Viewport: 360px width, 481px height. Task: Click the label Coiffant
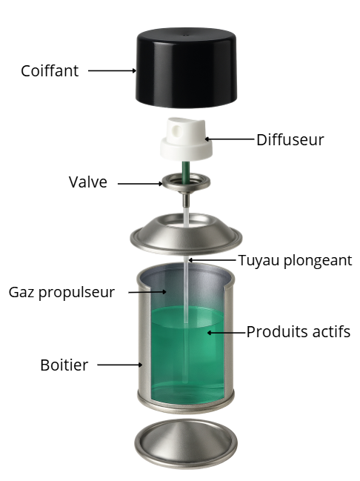pyautogui.click(x=50, y=71)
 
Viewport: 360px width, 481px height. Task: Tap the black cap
pyautogui.click(x=186, y=67)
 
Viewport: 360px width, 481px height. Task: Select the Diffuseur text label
pyautogui.click(x=290, y=140)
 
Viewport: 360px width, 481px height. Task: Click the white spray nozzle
pyautogui.click(x=186, y=139)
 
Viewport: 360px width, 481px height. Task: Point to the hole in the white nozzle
pyautogui.click(x=177, y=130)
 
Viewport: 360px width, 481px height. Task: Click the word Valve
pyautogui.click(x=88, y=182)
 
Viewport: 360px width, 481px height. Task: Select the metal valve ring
pyautogui.click(x=186, y=182)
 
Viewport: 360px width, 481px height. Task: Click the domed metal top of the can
pyautogui.click(x=186, y=235)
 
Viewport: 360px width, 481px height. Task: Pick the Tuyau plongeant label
pyautogui.click(x=295, y=261)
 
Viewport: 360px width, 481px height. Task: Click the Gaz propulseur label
pyautogui.click(x=61, y=292)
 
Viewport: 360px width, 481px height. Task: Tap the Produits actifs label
pyautogui.click(x=298, y=331)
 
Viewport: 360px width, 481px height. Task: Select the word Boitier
pyautogui.click(x=64, y=365)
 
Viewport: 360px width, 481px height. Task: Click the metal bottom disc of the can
pyautogui.click(x=186, y=444)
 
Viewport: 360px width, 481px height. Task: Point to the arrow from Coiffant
pyautogui.click(x=113, y=70)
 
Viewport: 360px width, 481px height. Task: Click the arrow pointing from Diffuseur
pyautogui.click(x=230, y=139)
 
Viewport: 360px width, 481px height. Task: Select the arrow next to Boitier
pyautogui.click(x=120, y=365)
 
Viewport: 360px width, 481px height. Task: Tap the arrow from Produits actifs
pyautogui.click(x=227, y=333)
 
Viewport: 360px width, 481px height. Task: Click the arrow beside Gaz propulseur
pyautogui.click(x=147, y=292)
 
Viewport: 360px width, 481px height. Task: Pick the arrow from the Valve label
pyautogui.click(x=140, y=184)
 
